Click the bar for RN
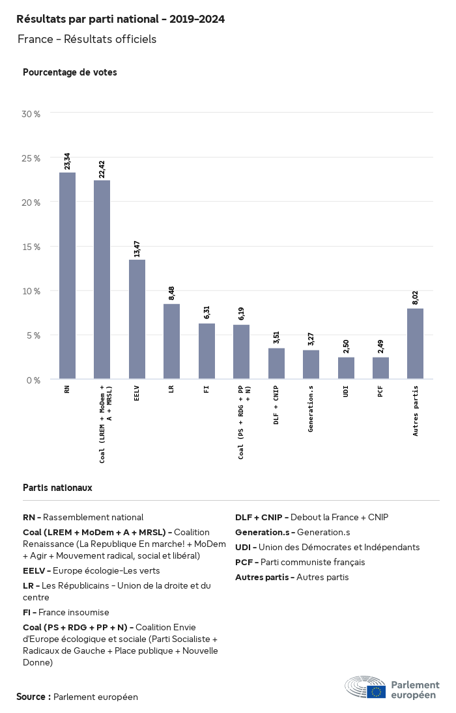[x=67, y=275]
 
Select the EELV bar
[x=137, y=319]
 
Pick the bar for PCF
[x=380, y=368]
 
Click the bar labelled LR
[x=171, y=341]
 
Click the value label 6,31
[x=207, y=313]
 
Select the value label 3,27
[x=311, y=340]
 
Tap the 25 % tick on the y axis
[x=31, y=158]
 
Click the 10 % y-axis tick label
[x=31, y=291]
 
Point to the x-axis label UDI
[x=346, y=391]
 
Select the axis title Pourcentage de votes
[x=70, y=72]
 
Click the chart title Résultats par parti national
[x=121, y=20]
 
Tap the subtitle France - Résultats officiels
[x=87, y=39]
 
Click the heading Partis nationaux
[x=57, y=487]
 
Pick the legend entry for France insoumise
[x=66, y=612]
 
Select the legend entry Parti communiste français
[x=300, y=562]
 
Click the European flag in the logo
[x=376, y=692]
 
